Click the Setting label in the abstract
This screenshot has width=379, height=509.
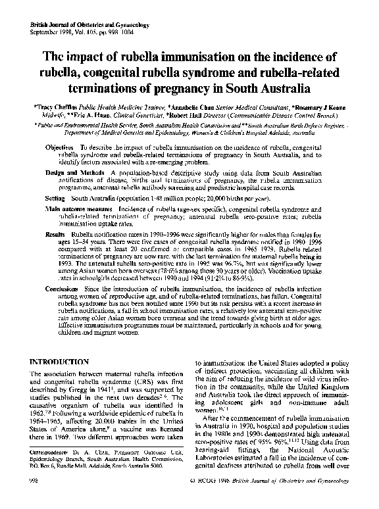pos(55,197)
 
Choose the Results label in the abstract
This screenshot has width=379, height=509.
pos(55,233)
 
